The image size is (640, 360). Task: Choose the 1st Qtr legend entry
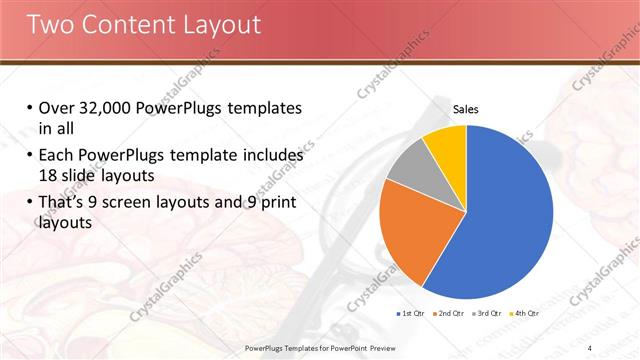click(411, 315)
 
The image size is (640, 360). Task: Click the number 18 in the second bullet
click(50, 176)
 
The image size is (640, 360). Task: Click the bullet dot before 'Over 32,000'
click(29, 108)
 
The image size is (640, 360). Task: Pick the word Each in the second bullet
click(56, 157)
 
